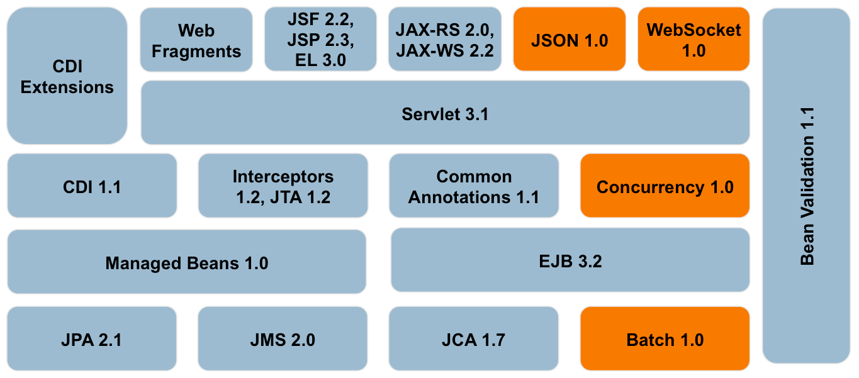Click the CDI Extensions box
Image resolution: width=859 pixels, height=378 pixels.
point(67,76)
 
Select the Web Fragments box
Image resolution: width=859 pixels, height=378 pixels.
point(196,40)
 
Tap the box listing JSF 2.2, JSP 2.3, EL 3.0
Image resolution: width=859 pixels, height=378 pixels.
point(320,40)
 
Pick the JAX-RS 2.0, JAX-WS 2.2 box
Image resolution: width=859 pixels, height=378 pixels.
point(444,40)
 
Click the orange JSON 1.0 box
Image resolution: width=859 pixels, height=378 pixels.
point(569,40)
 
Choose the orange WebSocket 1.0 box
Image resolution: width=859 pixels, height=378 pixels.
point(693,40)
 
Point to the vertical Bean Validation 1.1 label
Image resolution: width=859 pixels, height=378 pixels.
point(807,186)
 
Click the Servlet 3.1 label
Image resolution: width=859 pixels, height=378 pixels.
point(445,114)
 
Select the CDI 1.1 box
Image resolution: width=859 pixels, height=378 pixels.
point(92,187)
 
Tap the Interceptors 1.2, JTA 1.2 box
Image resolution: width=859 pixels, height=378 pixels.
point(283,187)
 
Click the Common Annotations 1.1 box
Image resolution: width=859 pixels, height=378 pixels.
point(473,187)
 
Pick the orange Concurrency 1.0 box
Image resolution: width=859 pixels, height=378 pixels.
point(665,187)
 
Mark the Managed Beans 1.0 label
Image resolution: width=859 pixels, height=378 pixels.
point(186,263)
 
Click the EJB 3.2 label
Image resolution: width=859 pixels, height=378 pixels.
point(570,261)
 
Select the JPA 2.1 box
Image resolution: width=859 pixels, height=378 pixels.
point(92,340)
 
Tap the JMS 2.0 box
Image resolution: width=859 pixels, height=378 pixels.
point(283,340)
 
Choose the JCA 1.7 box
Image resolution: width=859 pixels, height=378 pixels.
point(473,340)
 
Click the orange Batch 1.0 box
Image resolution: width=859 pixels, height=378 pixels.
point(665,340)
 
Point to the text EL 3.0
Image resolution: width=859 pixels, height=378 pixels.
point(320,60)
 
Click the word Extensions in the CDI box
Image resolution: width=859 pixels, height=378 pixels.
point(67,87)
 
